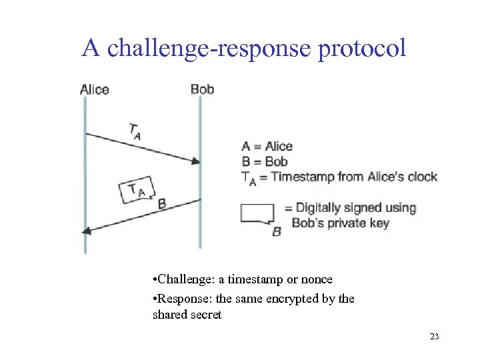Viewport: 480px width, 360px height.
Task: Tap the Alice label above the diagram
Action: tap(94, 89)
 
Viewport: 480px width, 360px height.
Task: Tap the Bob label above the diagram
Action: tap(202, 89)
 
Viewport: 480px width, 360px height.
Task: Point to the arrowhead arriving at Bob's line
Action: tap(196, 161)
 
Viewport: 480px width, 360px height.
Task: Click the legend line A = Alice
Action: tap(267, 147)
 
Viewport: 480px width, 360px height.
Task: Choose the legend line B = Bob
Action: tap(265, 161)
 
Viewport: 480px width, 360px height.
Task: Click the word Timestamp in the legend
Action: tap(303, 177)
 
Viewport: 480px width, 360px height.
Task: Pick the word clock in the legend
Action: tap(420, 177)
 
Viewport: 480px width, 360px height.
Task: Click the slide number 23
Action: tap(435, 337)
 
